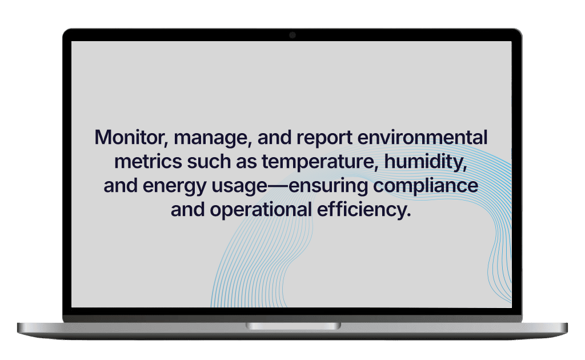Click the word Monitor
(x=129, y=137)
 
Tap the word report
(x=324, y=138)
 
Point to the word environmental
(x=422, y=137)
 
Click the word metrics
(x=148, y=162)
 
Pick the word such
(x=209, y=162)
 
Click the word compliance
(x=426, y=186)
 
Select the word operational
(x=261, y=210)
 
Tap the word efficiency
(x=361, y=210)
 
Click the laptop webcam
(x=292, y=35)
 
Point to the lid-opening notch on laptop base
(x=293, y=326)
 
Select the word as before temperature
(x=246, y=163)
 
